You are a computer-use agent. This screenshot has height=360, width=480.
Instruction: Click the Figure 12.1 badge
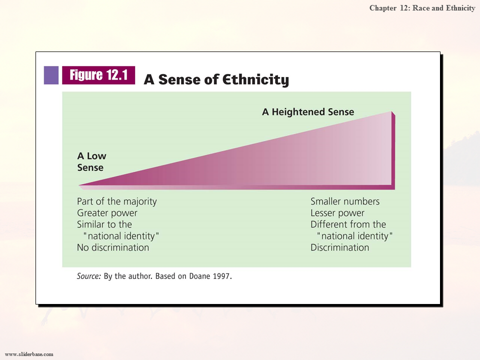(98, 75)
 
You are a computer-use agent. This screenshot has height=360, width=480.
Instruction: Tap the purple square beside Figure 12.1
(51, 75)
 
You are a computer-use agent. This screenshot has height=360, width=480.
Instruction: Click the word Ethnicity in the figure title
(255, 80)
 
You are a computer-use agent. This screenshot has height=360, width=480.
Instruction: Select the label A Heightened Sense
(308, 112)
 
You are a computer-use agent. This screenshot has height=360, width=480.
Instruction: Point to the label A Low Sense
(91, 161)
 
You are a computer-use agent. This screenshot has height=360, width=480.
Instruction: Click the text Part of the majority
(116, 201)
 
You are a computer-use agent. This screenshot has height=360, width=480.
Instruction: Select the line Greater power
(107, 213)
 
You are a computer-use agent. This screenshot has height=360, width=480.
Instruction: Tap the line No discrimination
(113, 247)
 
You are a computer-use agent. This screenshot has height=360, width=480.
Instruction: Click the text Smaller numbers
(345, 201)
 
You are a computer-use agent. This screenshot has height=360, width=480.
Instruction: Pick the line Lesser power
(337, 213)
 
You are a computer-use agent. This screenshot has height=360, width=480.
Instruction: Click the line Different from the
(348, 224)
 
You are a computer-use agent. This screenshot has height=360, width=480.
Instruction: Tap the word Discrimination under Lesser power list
(340, 247)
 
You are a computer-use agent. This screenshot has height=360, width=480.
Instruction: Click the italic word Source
(88, 276)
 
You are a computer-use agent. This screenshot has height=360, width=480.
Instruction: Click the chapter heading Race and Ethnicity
(443, 8)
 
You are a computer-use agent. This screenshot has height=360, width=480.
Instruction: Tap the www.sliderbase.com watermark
(29, 354)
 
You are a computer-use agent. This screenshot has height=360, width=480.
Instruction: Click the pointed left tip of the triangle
(79, 185)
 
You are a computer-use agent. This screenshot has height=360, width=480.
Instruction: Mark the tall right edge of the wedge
(393, 150)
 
